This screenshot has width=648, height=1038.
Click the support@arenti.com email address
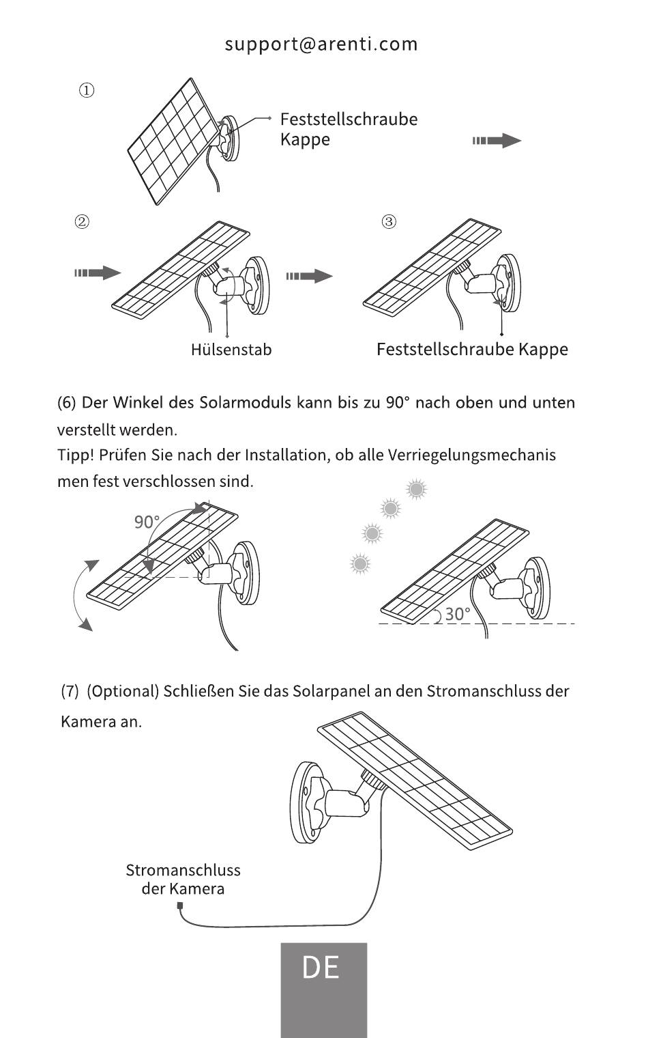coord(321,44)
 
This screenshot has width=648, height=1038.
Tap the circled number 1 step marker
coord(87,90)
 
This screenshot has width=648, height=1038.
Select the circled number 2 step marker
coord(82,221)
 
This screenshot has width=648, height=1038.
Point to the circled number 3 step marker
coord(389,221)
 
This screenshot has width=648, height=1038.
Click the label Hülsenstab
coord(231,350)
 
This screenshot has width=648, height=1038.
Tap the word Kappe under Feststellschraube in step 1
coord(305,139)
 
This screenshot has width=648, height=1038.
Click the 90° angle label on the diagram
coord(147,522)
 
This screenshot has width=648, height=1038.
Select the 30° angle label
coord(458,615)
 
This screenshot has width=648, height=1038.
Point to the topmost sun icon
coord(416,489)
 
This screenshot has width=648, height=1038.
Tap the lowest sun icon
coord(360,564)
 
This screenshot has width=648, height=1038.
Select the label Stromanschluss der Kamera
coord(183,880)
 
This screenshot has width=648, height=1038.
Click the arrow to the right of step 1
coord(497,141)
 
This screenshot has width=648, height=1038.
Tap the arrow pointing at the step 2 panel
coord(98,272)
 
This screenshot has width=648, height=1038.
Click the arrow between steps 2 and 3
coord(309,276)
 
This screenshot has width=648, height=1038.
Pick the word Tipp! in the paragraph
coord(76,455)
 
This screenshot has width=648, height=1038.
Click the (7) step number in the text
coord(70,691)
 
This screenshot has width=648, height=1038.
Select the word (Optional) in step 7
coord(123,691)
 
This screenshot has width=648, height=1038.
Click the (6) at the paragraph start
coord(66,403)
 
